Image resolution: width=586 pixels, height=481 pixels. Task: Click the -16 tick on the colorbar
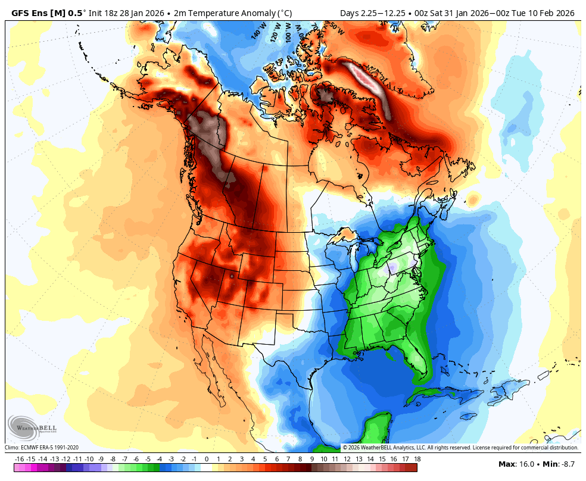19,459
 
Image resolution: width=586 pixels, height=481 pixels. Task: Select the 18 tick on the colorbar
417,459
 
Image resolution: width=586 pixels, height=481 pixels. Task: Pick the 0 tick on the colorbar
207,459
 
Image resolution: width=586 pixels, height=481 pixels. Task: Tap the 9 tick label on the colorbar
312,459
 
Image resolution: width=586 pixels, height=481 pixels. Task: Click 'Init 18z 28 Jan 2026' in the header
127,13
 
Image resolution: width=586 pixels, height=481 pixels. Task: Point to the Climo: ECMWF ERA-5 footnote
42,448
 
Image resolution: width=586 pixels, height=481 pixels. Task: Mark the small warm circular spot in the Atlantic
473,199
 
